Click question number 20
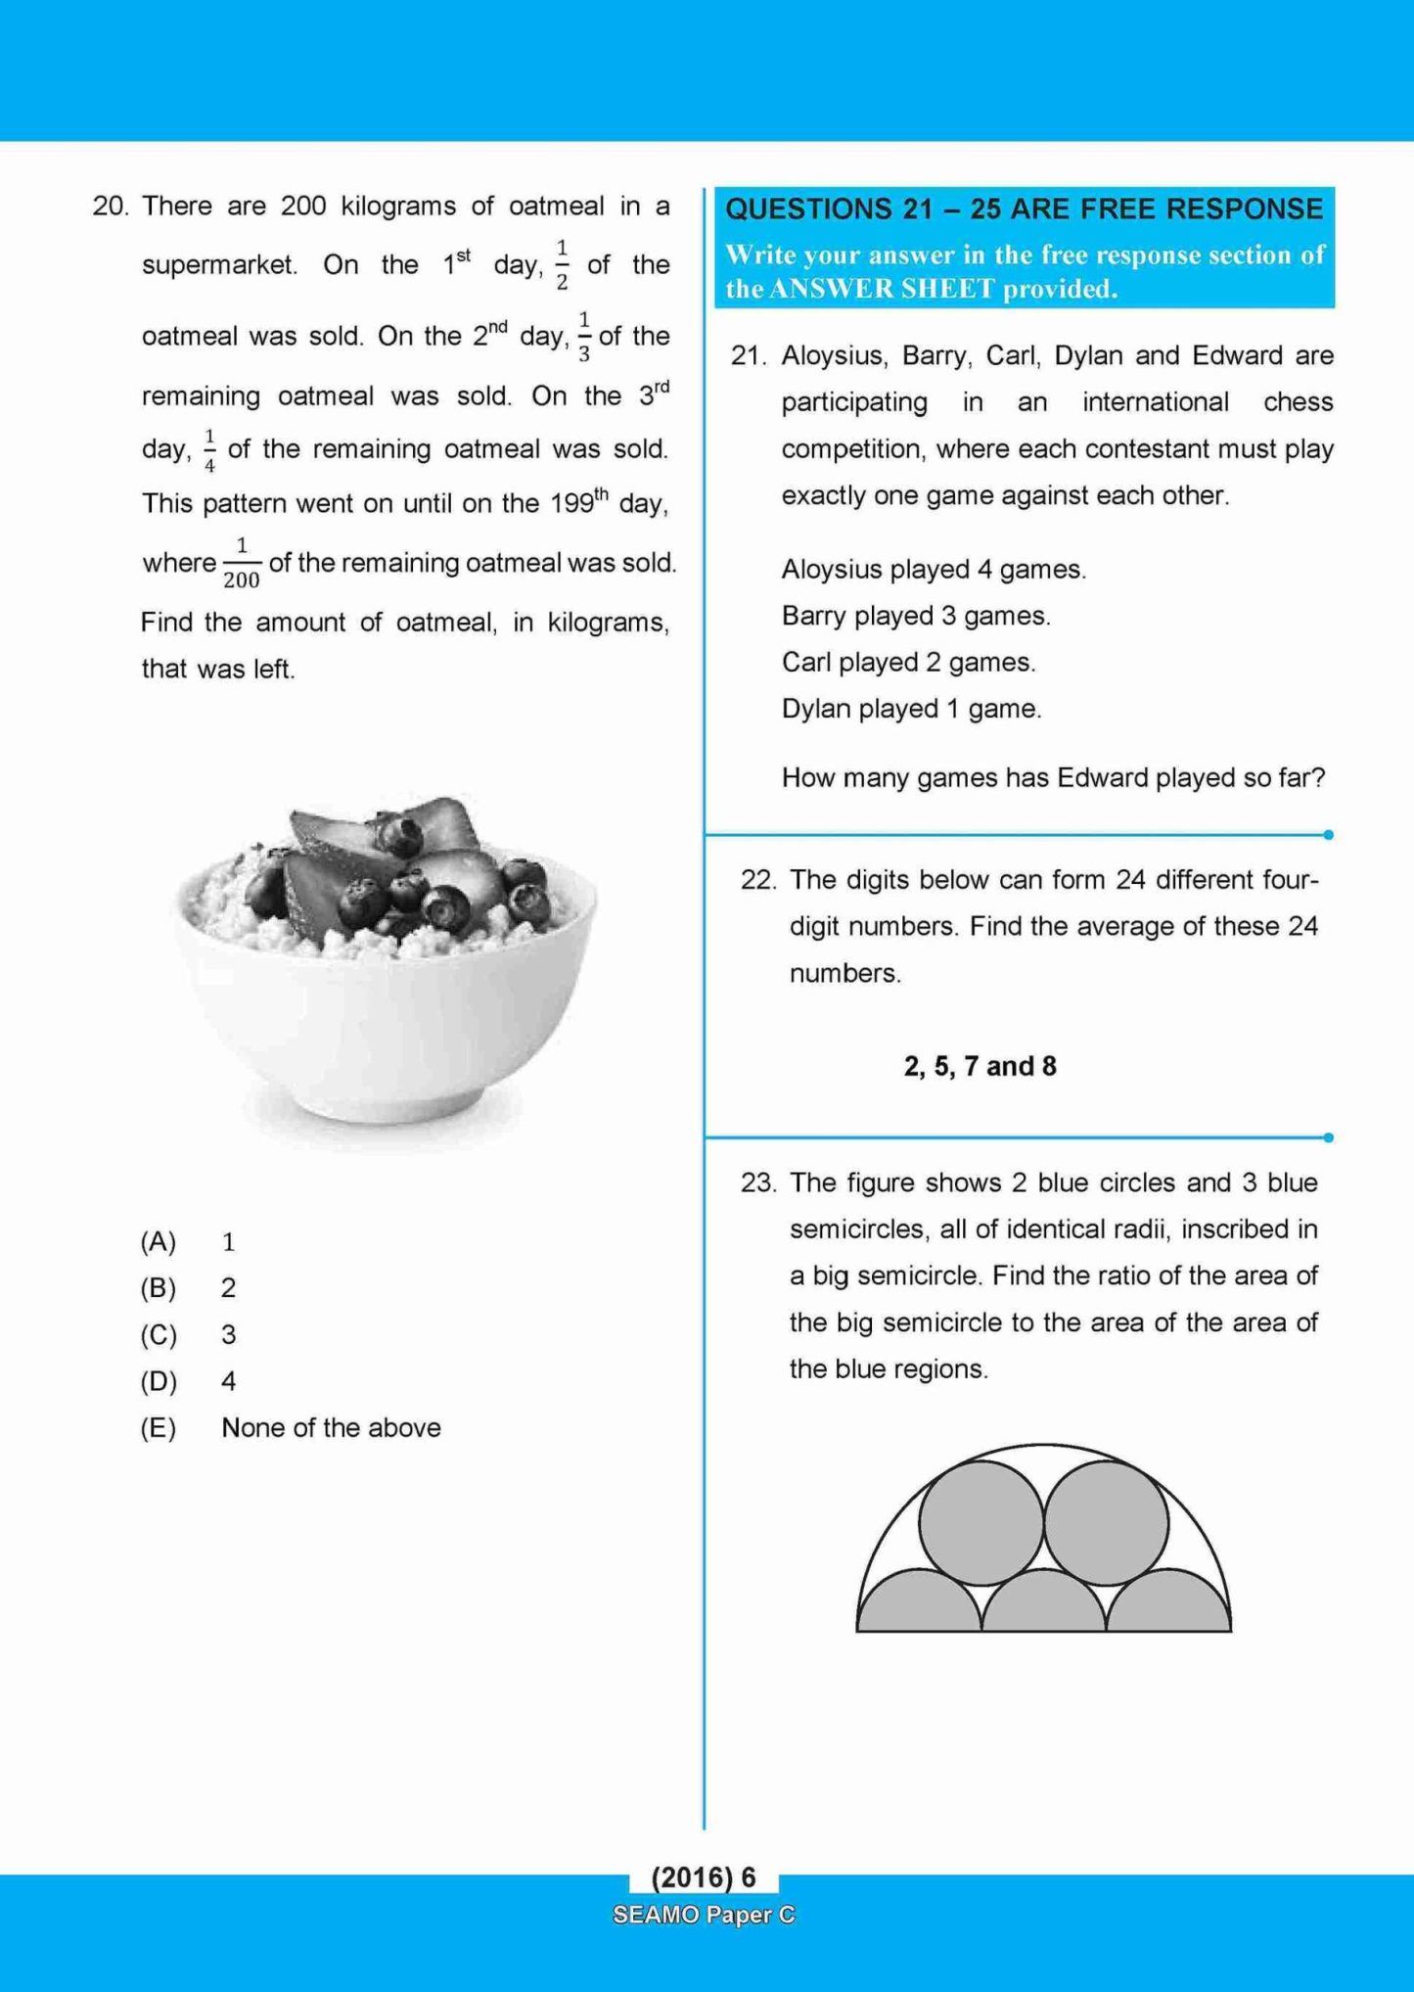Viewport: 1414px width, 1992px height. pos(110,207)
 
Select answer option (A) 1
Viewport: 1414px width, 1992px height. pos(186,1242)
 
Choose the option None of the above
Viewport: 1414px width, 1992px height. pos(331,1428)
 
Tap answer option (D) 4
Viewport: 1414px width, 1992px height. pos(186,1381)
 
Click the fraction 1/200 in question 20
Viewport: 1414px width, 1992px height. pos(241,564)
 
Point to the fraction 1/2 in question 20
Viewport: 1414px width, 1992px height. pos(562,265)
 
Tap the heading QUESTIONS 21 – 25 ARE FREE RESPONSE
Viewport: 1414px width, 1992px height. pos(1024,209)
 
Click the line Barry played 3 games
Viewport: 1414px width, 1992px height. pos(916,616)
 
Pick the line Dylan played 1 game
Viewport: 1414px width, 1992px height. pos(911,709)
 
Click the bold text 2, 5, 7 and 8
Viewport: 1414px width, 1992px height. pos(980,1066)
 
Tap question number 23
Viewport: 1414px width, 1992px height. pos(758,1182)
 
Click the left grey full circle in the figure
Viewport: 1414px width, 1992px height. pos(981,1523)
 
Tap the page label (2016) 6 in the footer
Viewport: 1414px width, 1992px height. pos(704,1876)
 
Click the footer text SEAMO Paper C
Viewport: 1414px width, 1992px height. pos(704,1915)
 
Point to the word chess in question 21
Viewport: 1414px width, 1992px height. pos(1298,402)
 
